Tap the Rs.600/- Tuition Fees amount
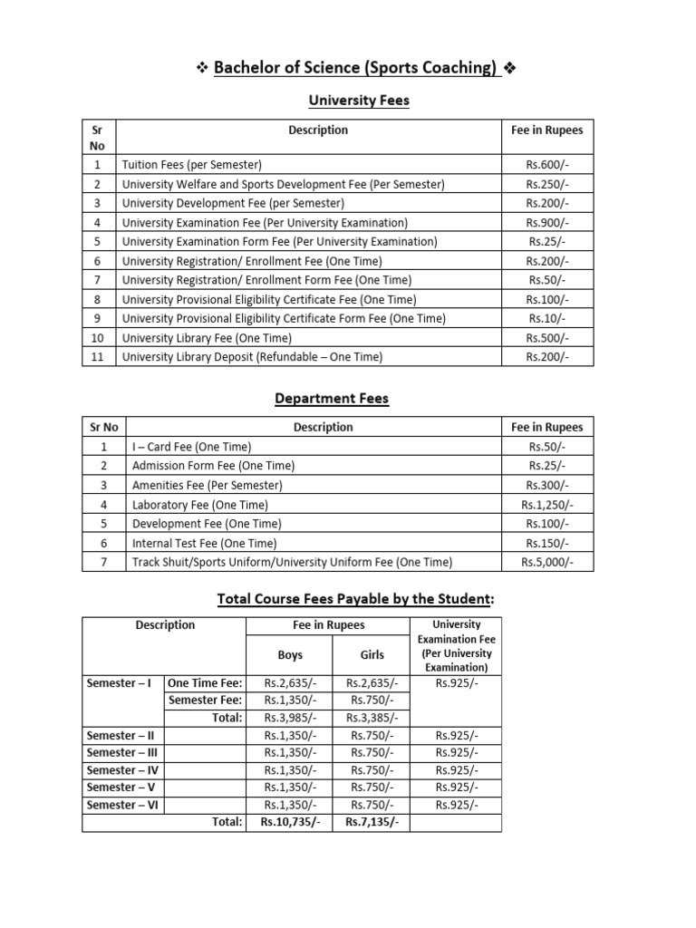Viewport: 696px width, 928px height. pos(547,165)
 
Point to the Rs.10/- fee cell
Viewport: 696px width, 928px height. pos(547,319)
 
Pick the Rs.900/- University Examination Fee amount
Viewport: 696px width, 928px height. pos(547,223)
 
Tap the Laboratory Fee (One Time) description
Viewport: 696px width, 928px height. pos(200,505)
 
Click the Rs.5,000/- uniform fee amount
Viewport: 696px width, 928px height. pos(547,562)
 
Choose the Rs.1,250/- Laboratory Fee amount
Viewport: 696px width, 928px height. pos(547,505)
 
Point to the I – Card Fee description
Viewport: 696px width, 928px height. pos(192,447)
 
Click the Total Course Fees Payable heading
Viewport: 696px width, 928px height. pos(356,598)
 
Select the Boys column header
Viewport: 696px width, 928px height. pos(290,654)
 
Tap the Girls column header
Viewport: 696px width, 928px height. pos(372,654)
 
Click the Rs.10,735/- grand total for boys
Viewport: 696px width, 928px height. pos(290,822)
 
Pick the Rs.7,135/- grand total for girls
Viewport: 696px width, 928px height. pos(372,822)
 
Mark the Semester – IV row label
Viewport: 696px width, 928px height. pos(123,769)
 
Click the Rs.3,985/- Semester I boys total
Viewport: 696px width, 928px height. pos(290,718)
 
